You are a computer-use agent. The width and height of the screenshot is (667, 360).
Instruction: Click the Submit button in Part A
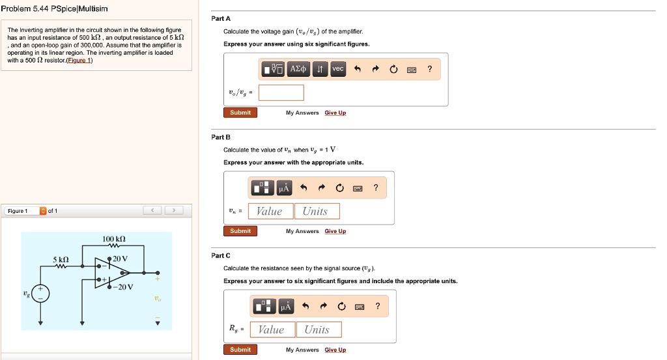[x=240, y=113]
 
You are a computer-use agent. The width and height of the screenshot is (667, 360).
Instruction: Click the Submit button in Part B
[x=240, y=231]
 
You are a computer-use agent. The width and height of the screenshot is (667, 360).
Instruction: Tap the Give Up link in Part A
[x=335, y=113]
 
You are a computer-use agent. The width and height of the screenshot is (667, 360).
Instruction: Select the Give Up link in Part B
[x=335, y=231]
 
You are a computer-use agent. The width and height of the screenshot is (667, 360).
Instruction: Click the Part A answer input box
[x=285, y=92]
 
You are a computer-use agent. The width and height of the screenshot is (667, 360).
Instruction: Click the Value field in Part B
[x=270, y=211]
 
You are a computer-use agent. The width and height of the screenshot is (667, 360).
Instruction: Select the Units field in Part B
[x=315, y=211]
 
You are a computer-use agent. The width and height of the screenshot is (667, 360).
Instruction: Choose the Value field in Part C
[x=271, y=329]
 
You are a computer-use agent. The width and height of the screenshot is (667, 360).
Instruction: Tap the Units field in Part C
[x=317, y=329]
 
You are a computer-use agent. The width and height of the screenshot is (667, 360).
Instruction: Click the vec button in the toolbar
[x=337, y=69]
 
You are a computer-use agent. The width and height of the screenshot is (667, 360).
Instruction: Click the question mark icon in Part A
[x=429, y=69]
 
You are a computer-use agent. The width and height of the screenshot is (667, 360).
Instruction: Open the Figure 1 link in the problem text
[x=81, y=61]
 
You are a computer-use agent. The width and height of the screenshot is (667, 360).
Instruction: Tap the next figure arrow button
[x=174, y=210]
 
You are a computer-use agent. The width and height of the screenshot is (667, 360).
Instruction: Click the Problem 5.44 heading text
[x=53, y=8]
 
